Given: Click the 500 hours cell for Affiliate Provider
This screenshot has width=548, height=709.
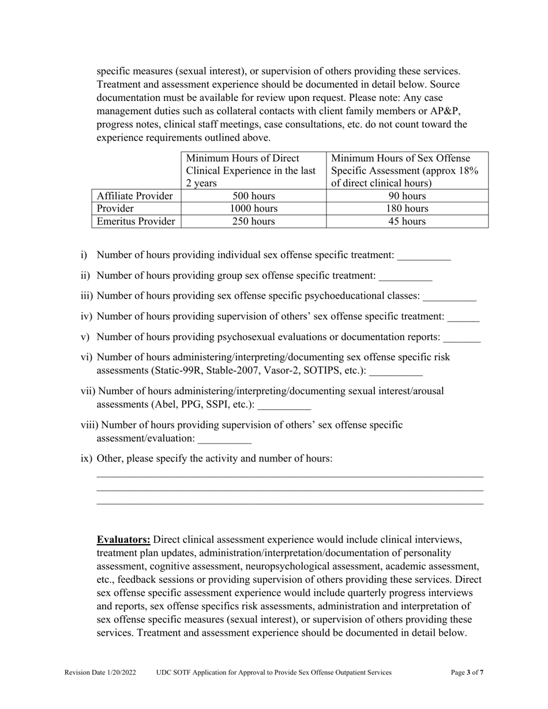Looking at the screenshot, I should coord(253,196).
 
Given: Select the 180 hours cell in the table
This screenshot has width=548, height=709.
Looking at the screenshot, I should coord(407,209).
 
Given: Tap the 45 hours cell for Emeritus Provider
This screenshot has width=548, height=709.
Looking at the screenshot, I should coord(407,221).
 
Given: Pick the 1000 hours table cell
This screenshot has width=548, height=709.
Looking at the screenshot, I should coord(253,209).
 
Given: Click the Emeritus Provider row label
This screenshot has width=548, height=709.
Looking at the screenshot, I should coord(136,221).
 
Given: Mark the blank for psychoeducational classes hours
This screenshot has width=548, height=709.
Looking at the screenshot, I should coord(449,296).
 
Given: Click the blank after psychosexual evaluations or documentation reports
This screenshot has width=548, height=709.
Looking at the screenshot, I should coord(462,337).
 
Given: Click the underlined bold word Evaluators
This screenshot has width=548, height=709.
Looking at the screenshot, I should coord(123,540).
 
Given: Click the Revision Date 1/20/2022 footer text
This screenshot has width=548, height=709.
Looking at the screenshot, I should coord(100,672).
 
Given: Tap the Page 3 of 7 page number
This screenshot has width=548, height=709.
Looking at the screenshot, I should coord(467,672).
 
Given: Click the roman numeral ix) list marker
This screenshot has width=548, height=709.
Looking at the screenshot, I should coord(87,459).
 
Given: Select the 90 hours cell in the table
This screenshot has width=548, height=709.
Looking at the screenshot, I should coord(407,196).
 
